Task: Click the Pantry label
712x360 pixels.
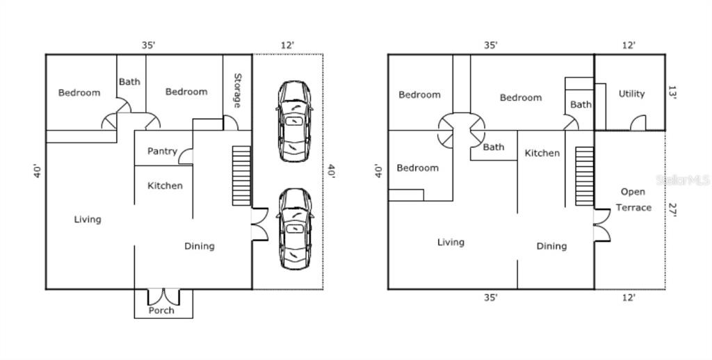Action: pyautogui.click(x=162, y=152)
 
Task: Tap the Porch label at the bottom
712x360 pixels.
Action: pyautogui.click(x=161, y=311)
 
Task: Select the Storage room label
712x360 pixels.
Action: pyautogui.click(x=237, y=91)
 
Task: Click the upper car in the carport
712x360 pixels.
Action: pyautogui.click(x=295, y=121)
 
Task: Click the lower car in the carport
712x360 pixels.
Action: pyautogui.click(x=295, y=228)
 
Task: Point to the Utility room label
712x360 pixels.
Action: pyautogui.click(x=631, y=94)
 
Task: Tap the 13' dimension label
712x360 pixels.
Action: pyautogui.click(x=672, y=93)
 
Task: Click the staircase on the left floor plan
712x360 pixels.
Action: pyautogui.click(x=241, y=175)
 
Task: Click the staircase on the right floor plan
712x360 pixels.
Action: pyautogui.click(x=584, y=176)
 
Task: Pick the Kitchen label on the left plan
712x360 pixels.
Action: pyautogui.click(x=165, y=186)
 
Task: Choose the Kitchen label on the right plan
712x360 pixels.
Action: pyautogui.click(x=542, y=153)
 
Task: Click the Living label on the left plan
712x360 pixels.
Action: pyautogui.click(x=88, y=220)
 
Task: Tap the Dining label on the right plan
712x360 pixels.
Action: pyautogui.click(x=551, y=246)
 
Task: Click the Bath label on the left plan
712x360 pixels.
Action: pyautogui.click(x=129, y=81)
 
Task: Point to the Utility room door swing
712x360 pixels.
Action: pyautogui.click(x=638, y=123)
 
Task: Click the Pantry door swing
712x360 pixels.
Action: pyautogui.click(x=185, y=157)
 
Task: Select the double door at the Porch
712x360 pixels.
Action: pyautogui.click(x=163, y=297)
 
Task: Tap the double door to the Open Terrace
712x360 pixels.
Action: pyautogui.click(x=601, y=224)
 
